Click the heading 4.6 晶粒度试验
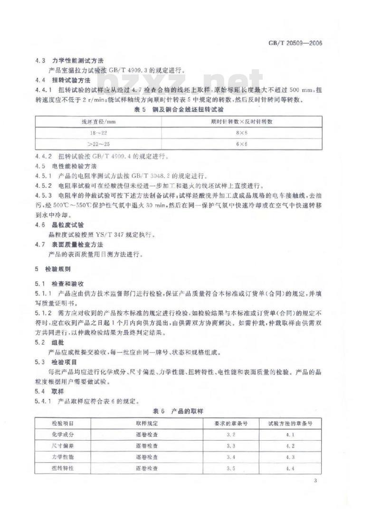[x=61, y=225]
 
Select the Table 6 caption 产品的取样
[x=178, y=410]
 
